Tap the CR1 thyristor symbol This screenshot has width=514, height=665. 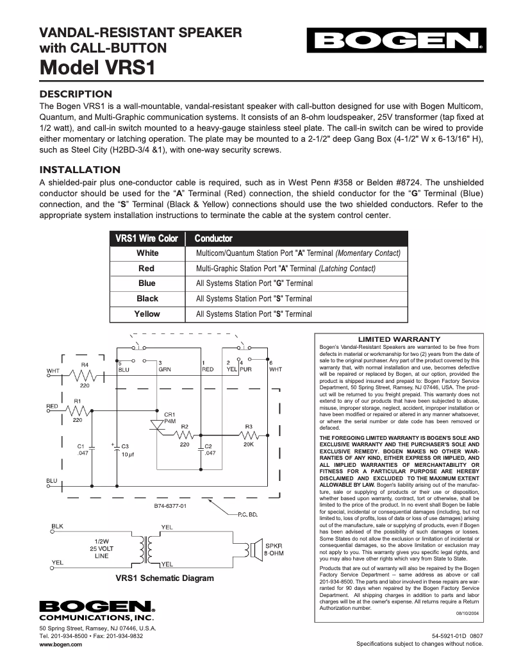coord(157,424)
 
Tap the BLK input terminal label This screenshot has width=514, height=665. coord(57,526)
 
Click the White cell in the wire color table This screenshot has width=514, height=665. coord(147,253)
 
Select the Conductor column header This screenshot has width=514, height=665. coord(213,239)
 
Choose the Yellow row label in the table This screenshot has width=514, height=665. coord(147,314)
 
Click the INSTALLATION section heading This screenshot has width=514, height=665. coord(80,169)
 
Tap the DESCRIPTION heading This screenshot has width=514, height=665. coord(76,94)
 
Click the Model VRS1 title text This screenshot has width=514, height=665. coord(97,66)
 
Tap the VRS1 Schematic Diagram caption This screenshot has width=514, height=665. coord(164,578)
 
